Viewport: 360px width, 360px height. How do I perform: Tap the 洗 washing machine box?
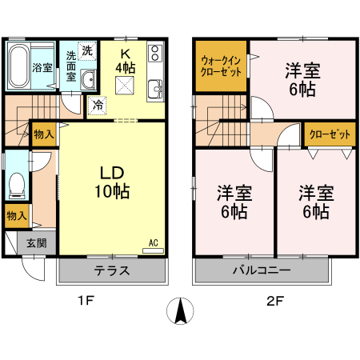coord(87,50)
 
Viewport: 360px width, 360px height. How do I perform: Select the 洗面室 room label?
coord(71,66)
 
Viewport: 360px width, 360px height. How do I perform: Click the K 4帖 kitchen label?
coord(125,61)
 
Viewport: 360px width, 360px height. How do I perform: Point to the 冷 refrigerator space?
coord(98,103)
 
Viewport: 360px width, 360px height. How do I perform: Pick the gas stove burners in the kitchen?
coord(154,55)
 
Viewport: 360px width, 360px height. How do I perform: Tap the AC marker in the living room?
coord(151,242)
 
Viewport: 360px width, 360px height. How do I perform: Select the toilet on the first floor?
coord(15,185)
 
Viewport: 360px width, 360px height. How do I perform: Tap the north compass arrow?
coord(181,310)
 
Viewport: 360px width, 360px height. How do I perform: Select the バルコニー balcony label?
coord(262,270)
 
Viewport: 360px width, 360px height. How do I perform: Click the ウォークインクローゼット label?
coord(222,66)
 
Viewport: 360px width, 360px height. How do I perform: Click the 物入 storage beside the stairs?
coord(43,134)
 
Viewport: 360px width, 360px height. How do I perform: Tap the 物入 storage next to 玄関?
coord(16,215)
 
